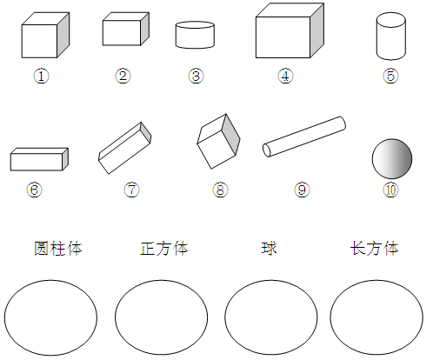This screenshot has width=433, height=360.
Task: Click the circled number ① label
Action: [x=41, y=77]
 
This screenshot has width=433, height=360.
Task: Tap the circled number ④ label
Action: [x=285, y=77]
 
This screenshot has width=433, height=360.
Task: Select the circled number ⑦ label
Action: [x=131, y=190]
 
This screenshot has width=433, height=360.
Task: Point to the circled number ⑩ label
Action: [x=390, y=190]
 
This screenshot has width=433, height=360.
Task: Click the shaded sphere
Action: [x=392, y=158]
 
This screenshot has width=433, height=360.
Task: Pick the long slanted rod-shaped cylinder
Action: [x=304, y=137]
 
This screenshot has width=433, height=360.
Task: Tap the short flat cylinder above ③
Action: [x=195, y=35]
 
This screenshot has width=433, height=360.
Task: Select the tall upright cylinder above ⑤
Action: [x=391, y=36]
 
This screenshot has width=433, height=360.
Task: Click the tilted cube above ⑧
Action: [x=218, y=141]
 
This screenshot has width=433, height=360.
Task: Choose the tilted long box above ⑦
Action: [x=125, y=148]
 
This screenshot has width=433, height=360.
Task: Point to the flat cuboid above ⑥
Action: [x=39, y=159]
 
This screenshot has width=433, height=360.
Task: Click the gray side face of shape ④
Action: [x=317, y=30]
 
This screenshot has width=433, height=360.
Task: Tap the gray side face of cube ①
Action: [x=63, y=35]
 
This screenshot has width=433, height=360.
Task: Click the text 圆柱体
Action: [x=58, y=249]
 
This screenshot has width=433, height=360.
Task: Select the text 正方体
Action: [x=164, y=249]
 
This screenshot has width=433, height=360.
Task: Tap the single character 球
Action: [x=270, y=249]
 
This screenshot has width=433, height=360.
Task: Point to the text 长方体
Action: [x=375, y=249]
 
